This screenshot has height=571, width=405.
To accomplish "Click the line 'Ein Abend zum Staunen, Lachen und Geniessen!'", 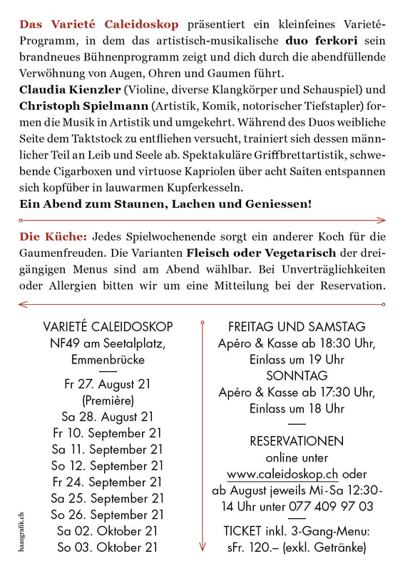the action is click(x=165, y=204).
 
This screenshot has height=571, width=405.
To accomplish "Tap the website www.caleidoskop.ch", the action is click(x=283, y=474).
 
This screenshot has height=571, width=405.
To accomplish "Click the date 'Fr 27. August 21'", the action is click(x=108, y=384).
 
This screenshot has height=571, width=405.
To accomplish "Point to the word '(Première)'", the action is click(x=108, y=400).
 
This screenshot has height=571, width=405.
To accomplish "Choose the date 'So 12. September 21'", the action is click(x=108, y=465).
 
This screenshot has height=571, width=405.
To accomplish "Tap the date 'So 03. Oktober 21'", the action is click(x=108, y=547).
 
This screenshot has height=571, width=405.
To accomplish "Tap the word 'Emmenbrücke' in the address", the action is click(x=108, y=359).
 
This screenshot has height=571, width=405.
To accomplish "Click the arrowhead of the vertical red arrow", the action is click(x=203, y=548).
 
